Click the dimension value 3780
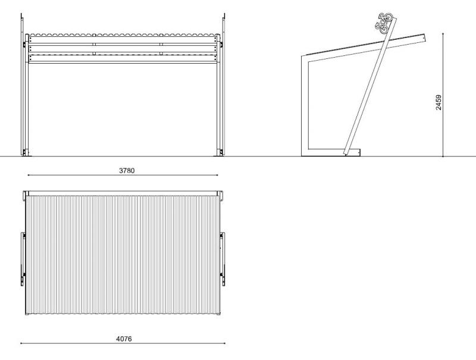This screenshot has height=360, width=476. (127, 170)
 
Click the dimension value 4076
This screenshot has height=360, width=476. (123, 339)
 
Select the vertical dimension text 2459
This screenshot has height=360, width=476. (439, 102)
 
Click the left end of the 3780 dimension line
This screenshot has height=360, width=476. (28, 176)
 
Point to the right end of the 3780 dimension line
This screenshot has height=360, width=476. (218, 176)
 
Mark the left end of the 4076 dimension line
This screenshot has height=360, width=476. (21, 343)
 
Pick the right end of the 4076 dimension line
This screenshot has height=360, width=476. (225, 343)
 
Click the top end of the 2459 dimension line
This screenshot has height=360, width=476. (443, 34)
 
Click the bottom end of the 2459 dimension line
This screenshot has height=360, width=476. (443, 157)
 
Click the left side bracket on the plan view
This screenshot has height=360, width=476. (23, 256)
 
